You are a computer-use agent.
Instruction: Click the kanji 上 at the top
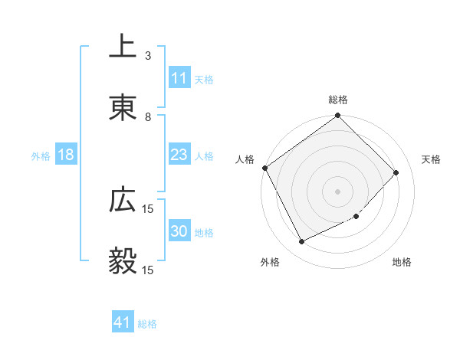(x=123, y=47)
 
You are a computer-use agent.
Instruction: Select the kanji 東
(x=123, y=108)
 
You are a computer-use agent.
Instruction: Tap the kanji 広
(x=123, y=201)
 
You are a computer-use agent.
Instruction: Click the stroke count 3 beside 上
(x=147, y=55)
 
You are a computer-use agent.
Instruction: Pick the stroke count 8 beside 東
(x=147, y=116)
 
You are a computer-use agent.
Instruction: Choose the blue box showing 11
(x=179, y=78)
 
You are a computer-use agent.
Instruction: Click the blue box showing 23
(x=179, y=155)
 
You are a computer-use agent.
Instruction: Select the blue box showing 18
(x=66, y=155)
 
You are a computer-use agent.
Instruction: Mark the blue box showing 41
(x=123, y=323)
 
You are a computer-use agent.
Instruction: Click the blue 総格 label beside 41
(x=147, y=324)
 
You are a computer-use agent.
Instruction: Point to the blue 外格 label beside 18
(x=41, y=156)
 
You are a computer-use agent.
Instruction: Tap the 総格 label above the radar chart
(x=338, y=100)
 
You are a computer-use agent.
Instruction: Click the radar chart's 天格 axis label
(x=431, y=159)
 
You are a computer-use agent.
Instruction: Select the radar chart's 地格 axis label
(x=402, y=262)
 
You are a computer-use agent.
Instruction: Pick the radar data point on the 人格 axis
(x=264, y=168)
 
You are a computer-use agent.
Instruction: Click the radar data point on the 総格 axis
(x=338, y=116)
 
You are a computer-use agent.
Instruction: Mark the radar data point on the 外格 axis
(x=301, y=242)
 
